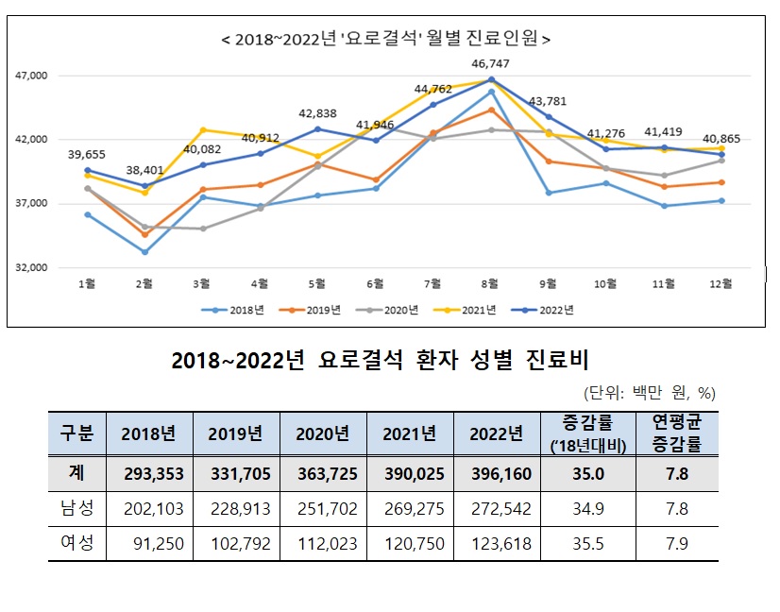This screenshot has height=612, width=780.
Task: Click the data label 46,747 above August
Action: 490,63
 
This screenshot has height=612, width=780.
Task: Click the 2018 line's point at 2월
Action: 144,252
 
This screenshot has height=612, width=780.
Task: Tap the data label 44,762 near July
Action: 433,90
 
